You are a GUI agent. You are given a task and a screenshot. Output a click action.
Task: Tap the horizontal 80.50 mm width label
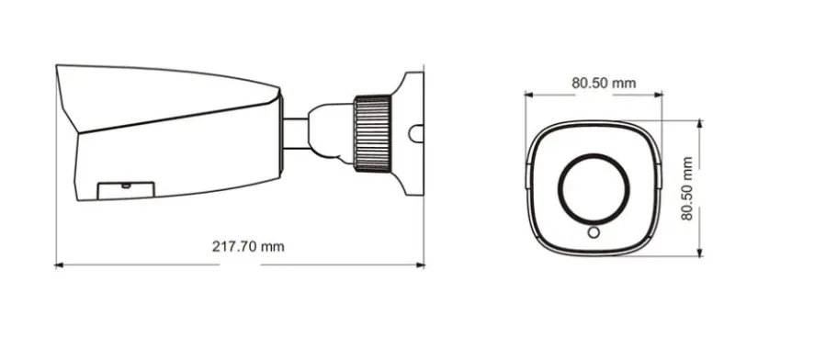tap(604, 82)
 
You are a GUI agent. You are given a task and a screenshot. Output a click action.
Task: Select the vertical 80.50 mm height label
tap(688, 189)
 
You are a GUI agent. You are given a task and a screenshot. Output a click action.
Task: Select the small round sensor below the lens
tap(594, 232)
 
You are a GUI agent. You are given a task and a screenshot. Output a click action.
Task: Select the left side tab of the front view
tap(526, 174)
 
